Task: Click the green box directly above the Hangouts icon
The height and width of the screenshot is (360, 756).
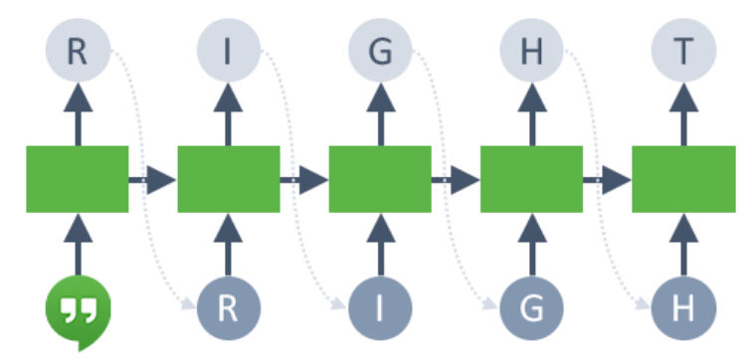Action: (x=78, y=179)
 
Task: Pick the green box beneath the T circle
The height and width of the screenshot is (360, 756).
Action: (x=683, y=179)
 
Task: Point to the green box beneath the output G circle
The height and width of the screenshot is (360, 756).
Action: (x=380, y=179)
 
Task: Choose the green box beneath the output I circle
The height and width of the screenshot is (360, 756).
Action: (x=229, y=179)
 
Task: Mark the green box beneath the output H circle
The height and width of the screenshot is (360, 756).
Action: (x=531, y=179)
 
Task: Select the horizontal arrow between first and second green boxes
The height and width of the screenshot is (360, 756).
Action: (x=153, y=180)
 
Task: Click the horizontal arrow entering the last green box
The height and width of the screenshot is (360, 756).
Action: (x=608, y=180)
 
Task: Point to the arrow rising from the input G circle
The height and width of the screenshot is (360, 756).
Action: (x=531, y=244)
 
